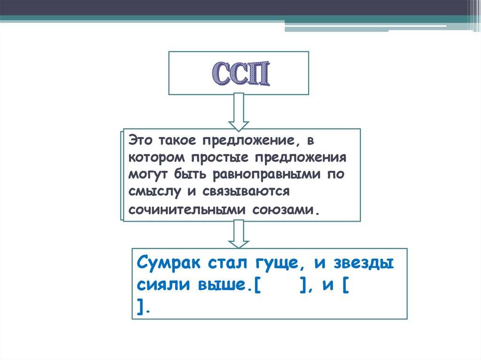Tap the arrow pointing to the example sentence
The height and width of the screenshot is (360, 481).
click(239, 234)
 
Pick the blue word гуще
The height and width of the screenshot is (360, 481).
click(276, 264)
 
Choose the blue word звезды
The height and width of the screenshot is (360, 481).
click(363, 263)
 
